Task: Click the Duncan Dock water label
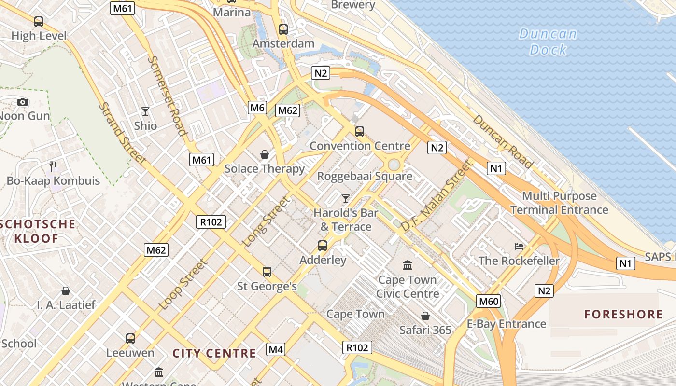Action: click(x=548, y=41)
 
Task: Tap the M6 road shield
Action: click(x=257, y=108)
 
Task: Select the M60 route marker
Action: click(x=489, y=302)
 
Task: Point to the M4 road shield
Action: click(x=276, y=349)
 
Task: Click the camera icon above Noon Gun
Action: click(x=23, y=102)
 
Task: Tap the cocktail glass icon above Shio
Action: click(x=145, y=111)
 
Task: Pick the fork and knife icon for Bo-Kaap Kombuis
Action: click(x=53, y=166)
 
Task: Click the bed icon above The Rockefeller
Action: click(x=519, y=247)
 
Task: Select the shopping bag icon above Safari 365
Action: click(x=425, y=316)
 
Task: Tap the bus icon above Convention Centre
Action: click(x=359, y=131)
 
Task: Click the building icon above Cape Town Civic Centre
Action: click(x=407, y=265)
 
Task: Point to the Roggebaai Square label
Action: click(x=365, y=176)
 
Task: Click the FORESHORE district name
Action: click(x=623, y=315)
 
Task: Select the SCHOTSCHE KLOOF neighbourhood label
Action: click(x=38, y=231)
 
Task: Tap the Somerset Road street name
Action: click(x=167, y=96)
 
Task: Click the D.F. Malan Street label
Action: click(x=436, y=195)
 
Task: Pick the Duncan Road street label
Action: click(x=503, y=141)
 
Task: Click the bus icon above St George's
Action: click(x=267, y=272)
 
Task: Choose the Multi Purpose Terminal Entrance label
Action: click(x=559, y=203)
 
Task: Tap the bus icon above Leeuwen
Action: click(x=130, y=338)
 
